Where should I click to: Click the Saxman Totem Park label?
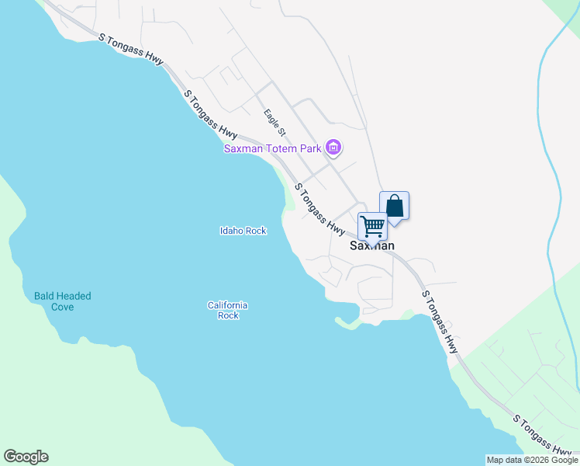click(x=273, y=148)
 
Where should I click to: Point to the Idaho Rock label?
click(x=243, y=231)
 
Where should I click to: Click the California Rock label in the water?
click(x=227, y=310)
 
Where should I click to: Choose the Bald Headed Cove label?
click(x=62, y=301)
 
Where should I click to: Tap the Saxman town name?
click(x=372, y=245)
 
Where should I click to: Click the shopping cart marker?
click(x=372, y=227)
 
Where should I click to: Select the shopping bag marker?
click(x=394, y=207)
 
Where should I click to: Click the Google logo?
click(x=26, y=457)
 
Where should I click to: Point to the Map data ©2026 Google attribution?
click(x=532, y=460)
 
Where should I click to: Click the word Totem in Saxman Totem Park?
click(x=282, y=148)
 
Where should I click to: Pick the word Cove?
click(x=62, y=307)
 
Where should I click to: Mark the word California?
click(x=227, y=305)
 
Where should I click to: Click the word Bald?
click(x=45, y=296)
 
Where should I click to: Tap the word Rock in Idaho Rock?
click(x=257, y=231)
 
